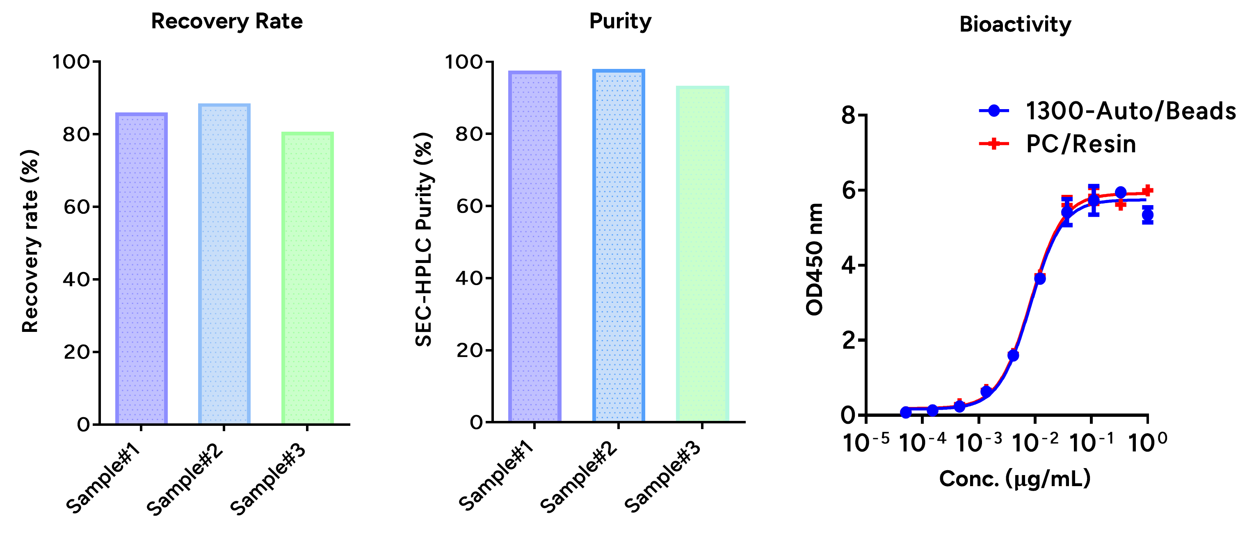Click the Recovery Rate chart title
pyautogui.click(x=227, y=21)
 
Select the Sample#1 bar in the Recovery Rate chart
pyautogui.click(x=142, y=268)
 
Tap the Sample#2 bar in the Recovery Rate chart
pyautogui.click(x=224, y=264)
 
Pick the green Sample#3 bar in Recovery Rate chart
pyautogui.click(x=308, y=278)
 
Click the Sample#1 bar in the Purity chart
pyautogui.click(x=535, y=246)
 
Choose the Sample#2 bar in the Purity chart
pyautogui.click(x=619, y=245)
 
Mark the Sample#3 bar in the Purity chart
pyautogui.click(x=703, y=254)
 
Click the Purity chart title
pyautogui.click(x=620, y=21)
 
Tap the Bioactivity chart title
pyautogui.click(x=1015, y=24)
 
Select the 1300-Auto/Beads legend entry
pyautogui.click(x=1107, y=111)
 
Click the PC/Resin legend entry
pyautogui.click(x=1057, y=144)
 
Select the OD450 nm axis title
pyautogui.click(x=814, y=260)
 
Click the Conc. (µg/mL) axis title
pyautogui.click(x=1015, y=479)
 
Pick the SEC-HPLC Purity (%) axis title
pyautogui.click(x=424, y=239)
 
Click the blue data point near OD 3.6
pyautogui.click(x=1039, y=279)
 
